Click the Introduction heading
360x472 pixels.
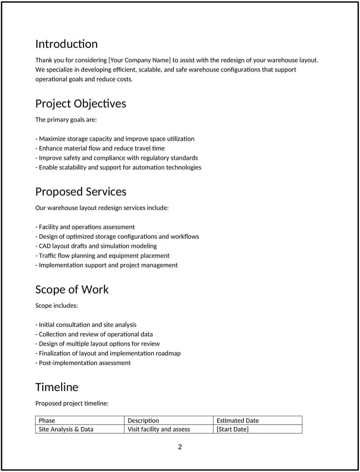66,44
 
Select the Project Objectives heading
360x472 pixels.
81,104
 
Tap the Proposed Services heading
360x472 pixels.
81,192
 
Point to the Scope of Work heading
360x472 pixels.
72,290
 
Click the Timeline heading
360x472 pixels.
57,387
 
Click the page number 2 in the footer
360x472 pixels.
180,447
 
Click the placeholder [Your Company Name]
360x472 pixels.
140,60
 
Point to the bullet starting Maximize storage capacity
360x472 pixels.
115,139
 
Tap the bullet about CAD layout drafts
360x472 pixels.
96,246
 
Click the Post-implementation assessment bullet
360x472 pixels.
83,363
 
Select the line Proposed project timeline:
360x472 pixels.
72,403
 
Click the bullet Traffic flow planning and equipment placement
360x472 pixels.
102,255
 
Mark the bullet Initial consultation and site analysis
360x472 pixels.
86,325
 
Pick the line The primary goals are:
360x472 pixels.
66,120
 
